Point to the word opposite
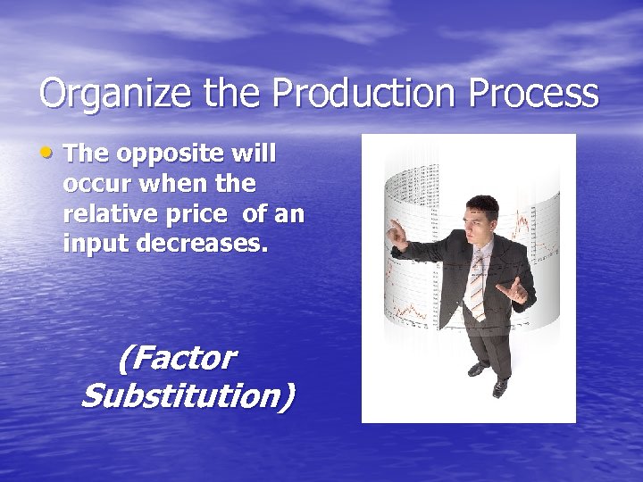click(x=170, y=154)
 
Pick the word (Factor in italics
click(x=176, y=358)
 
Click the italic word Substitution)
click(x=187, y=395)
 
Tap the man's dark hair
click(x=483, y=203)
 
